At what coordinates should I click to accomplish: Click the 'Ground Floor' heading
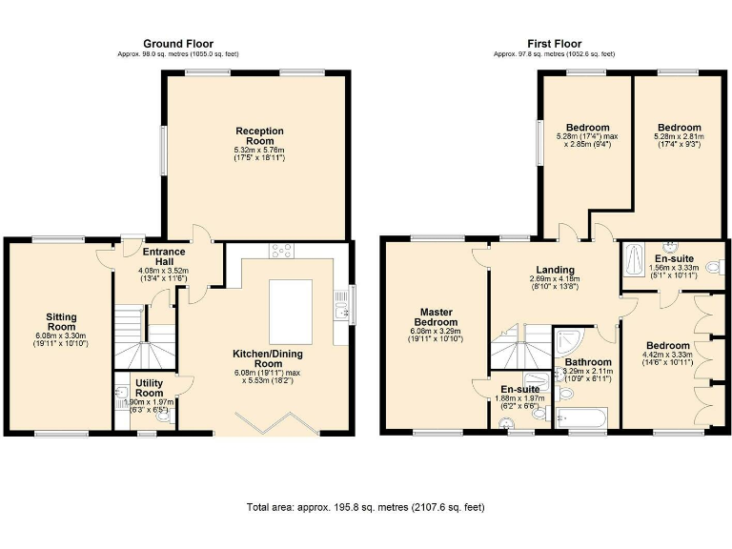[x=178, y=43]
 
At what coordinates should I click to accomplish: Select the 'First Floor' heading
[x=554, y=43]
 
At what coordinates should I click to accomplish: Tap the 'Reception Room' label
[x=259, y=136]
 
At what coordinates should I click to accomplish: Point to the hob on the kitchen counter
[x=282, y=251]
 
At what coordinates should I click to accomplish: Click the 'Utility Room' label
[x=149, y=387]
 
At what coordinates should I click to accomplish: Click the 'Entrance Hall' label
[x=164, y=257]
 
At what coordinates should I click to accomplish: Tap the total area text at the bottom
[x=365, y=507]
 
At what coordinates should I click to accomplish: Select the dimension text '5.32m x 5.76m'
[x=259, y=150]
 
